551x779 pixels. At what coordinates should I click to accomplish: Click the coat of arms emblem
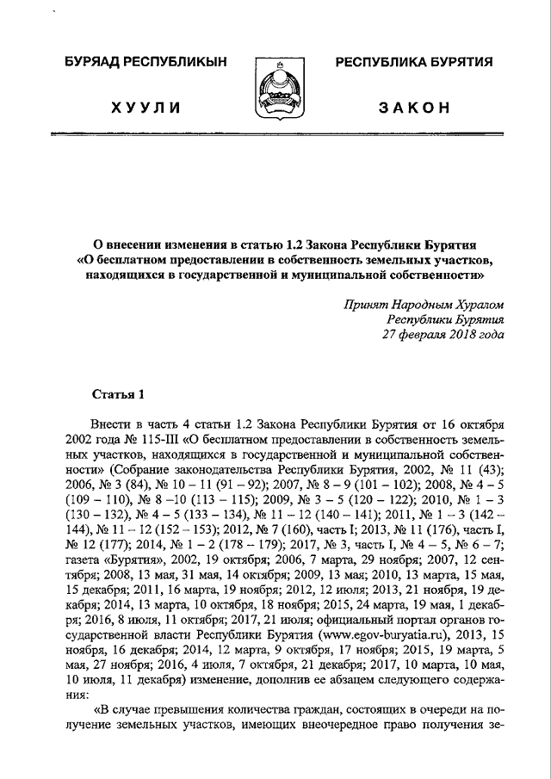click(275, 86)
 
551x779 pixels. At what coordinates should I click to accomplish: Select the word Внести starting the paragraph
click(108, 426)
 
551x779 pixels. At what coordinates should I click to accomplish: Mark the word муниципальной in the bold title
click(345, 277)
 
